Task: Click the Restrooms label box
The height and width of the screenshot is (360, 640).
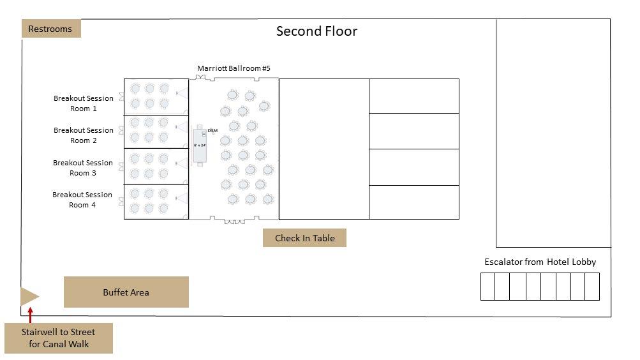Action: click(x=51, y=29)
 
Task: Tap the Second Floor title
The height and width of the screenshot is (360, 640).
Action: click(x=316, y=31)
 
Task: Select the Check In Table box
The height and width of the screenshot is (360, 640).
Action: click(x=304, y=238)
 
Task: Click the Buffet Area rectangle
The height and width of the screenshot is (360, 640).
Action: click(x=126, y=292)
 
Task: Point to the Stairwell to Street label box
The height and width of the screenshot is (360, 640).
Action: click(x=58, y=338)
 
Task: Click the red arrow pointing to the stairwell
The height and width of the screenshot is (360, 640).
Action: click(x=30, y=313)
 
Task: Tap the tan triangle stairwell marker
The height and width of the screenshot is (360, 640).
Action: click(x=29, y=296)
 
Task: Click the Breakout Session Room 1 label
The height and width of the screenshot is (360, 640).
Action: click(x=84, y=103)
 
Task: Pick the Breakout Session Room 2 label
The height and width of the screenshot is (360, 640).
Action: click(x=84, y=135)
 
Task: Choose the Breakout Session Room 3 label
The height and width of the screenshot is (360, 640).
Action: click(x=83, y=168)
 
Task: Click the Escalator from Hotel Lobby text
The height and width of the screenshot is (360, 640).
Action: click(x=540, y=262)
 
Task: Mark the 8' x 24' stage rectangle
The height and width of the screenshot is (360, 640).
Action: click(x=200, y=146)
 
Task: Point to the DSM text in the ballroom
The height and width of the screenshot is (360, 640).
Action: click(x=212, y=131)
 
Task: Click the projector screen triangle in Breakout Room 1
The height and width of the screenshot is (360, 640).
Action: click(x=182, y=93)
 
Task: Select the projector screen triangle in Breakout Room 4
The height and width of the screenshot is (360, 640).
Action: click(x=182, y=199)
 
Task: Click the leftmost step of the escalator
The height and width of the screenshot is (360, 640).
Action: click(x=487, y=287)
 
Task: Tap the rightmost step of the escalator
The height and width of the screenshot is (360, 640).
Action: click(x=592, y=287)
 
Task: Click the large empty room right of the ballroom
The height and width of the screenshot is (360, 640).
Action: click(x=324, y=149)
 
